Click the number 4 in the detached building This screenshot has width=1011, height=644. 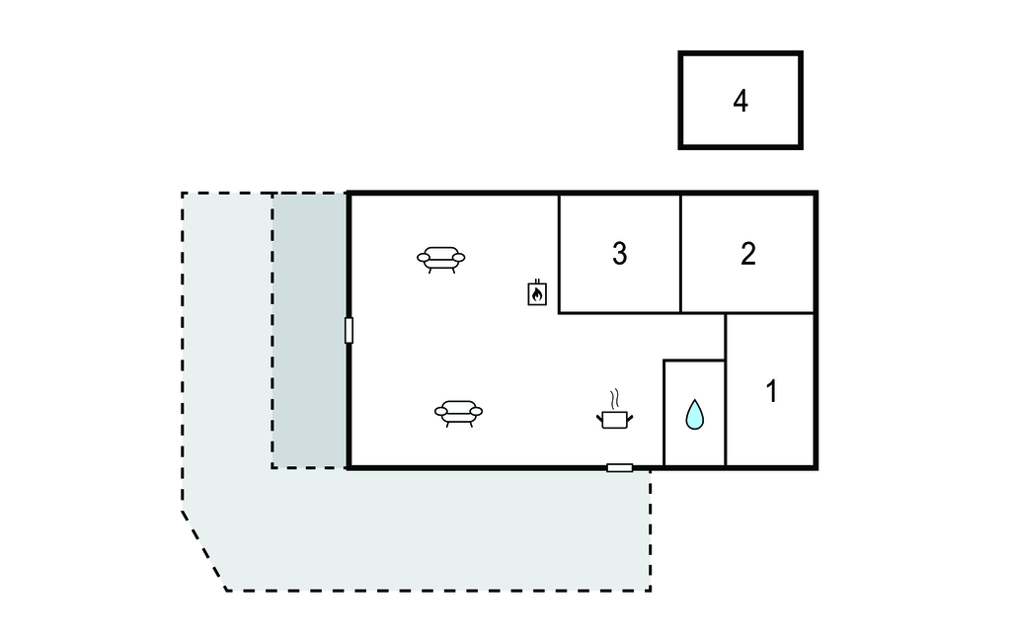(x=740, y=101)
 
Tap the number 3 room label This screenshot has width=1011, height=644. (x=619, y=254)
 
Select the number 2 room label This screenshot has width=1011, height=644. (x=748, y=254)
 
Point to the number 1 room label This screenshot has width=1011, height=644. (x=771, y=391)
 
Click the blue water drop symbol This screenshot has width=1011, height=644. (x=695, y=415)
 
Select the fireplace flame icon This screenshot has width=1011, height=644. (x=537, y=293)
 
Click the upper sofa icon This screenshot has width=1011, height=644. (x=440, y=259)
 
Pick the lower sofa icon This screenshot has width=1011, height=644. (x=458, y=412)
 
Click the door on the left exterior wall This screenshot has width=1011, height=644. (x=349, y=330)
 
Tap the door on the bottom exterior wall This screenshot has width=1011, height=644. (x=619, y=467)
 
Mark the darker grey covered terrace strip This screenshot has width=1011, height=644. (x=309, y=330)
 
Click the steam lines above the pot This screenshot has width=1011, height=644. (x=616, y=399)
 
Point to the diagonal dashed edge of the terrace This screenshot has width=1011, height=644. (x=204, y=551)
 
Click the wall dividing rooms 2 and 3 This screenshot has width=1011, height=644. (x=680, y=254)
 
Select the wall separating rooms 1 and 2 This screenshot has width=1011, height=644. (x=770, y=313)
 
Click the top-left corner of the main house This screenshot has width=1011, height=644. (x=350, y=194)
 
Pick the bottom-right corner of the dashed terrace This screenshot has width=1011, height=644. (x=650, y=590)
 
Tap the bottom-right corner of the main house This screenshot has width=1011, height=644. (x=816, y=466)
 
